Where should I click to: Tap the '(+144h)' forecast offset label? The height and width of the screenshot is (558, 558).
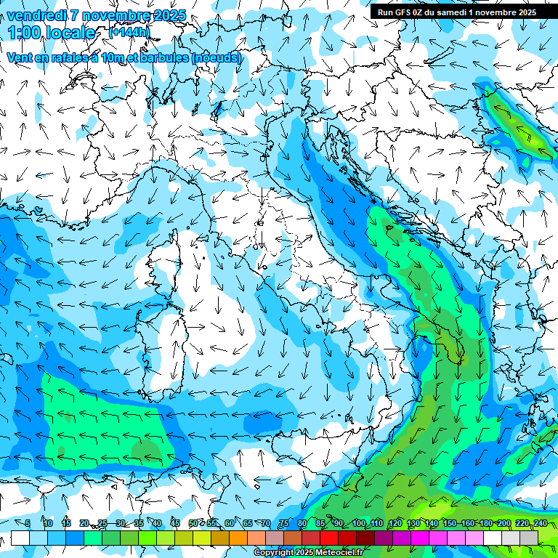tap(129, 32)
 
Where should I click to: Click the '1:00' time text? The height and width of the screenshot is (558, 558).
tap(23, 33)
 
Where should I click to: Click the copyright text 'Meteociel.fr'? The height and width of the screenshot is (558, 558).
tap(339, 553)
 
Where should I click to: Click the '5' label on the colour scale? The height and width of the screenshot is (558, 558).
tap(28, 523)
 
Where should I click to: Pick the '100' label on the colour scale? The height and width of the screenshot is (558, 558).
tap(359, 523)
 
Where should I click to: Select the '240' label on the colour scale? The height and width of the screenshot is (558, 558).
tap(540, 523)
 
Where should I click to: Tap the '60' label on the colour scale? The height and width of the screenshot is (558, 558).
tap(230, 523)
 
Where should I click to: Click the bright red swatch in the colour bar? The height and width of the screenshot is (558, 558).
tap(329, 538)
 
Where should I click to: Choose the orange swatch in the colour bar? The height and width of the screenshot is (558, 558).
tap(238, 538)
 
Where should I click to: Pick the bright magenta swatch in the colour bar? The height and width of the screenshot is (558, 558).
tap(420, 538)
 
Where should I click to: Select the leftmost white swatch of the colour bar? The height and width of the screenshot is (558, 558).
tap(20, 538)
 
